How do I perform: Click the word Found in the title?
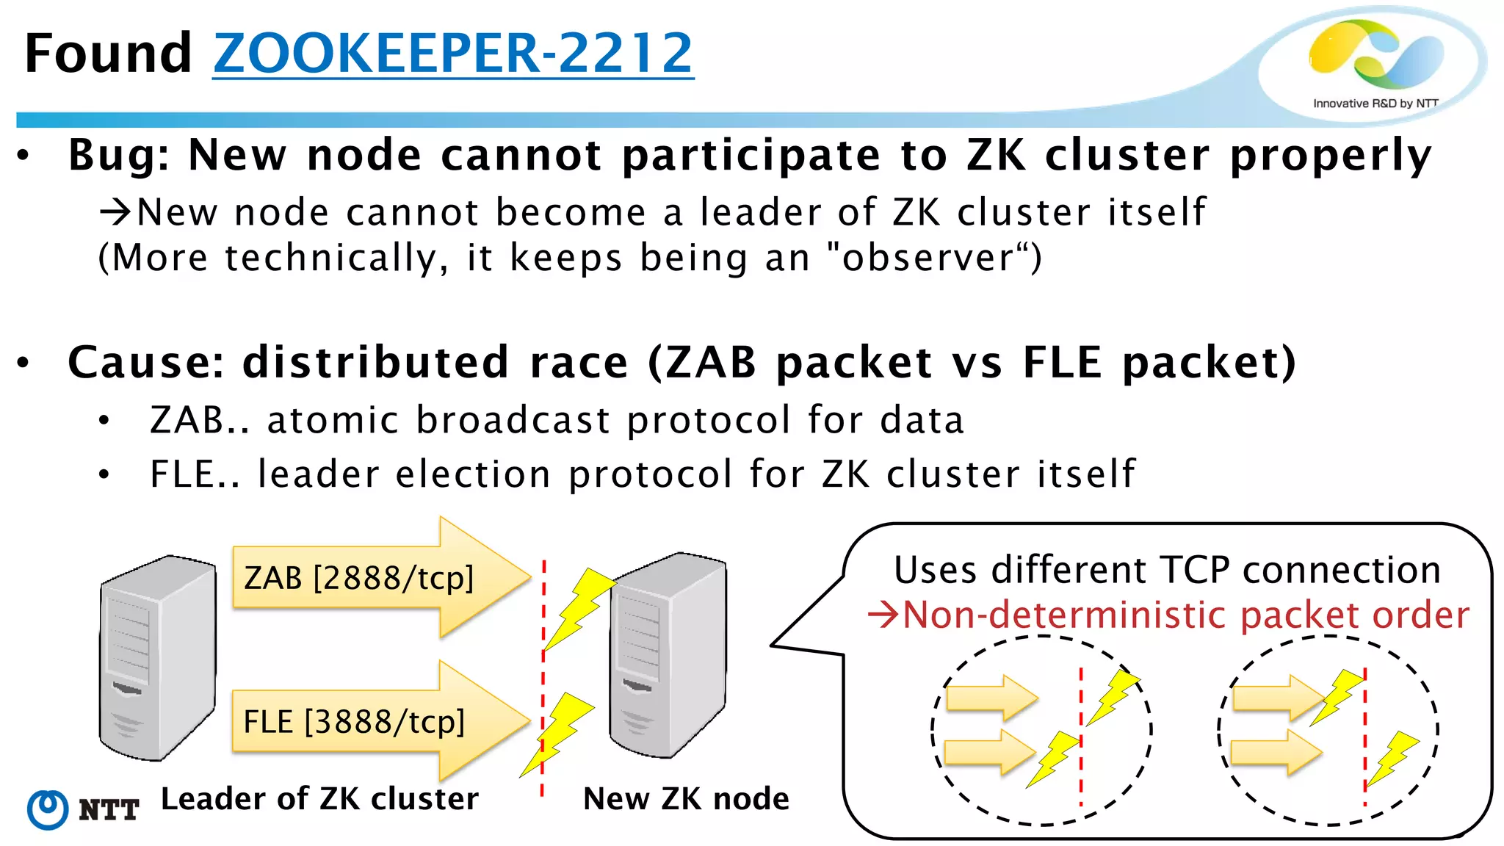pyautogui.click(x=108, y=54)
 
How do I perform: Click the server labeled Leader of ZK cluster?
pyautogui.click(x=157, y=657)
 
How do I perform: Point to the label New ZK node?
pyautogui.click(x=686, y=799)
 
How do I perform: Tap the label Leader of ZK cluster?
pyautogui.click(x=319, y=799)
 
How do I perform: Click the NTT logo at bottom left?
pyautogui.click(x=82, y=809)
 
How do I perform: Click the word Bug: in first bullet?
pyautogui.click(x=118, y=156)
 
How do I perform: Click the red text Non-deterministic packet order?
pyautogui.click(x=1185, y=615)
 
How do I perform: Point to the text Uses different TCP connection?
pyautogui.click(x=1167, y=571)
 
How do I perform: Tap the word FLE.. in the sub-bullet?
pyautogui.click(x=194, y=474)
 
